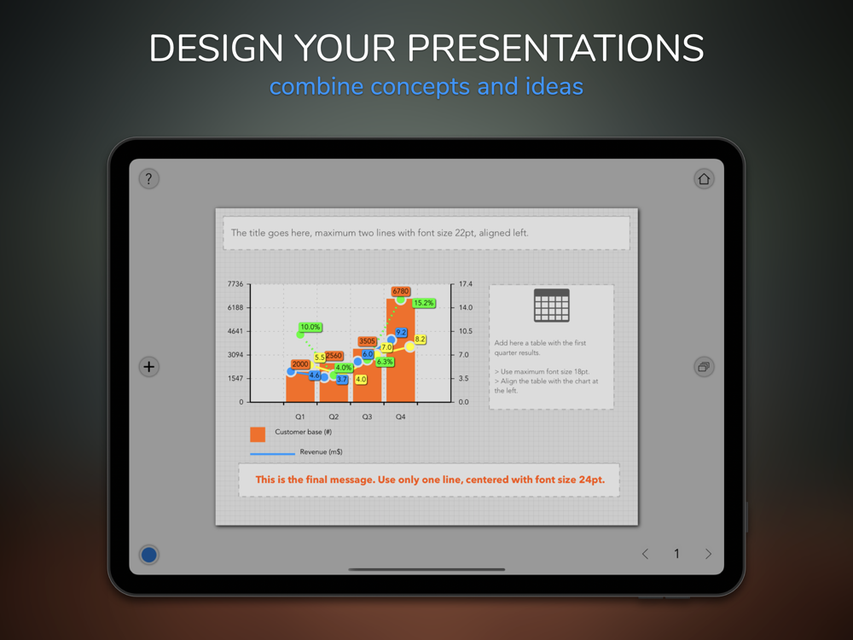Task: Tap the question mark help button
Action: point(148,178)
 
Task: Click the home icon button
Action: point(704,178)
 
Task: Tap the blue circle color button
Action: point(148,555)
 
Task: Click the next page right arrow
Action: point(708,554)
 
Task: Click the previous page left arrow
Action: point(645,554)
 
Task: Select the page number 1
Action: point(676,554)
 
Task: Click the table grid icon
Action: point(552,305)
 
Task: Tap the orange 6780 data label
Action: point(400,291)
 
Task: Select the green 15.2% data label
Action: point(424,303)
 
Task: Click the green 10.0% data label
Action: point(310,327)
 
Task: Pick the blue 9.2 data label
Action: point(401,333)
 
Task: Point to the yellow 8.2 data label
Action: point(420,339)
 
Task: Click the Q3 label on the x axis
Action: point(367,417)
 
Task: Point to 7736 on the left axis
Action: point(235,284)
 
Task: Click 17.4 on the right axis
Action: point(466,284)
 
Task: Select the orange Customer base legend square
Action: point(258,434)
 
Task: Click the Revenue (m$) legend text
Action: point(321,451)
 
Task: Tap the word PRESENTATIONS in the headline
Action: point(555,48)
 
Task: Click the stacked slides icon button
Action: point(704,367)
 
